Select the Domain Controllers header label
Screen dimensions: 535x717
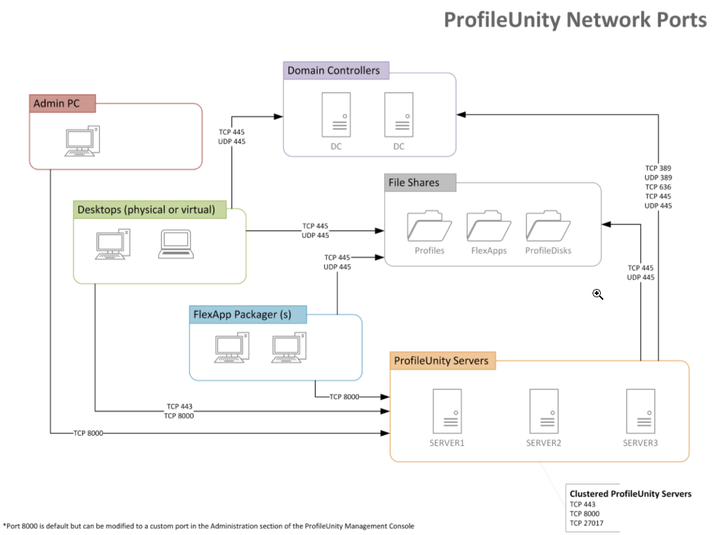334,70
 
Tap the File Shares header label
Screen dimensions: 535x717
414,182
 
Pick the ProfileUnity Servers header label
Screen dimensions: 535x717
442,361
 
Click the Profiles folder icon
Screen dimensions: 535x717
429,226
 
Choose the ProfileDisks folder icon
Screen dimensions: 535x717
548,226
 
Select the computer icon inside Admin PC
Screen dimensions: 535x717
83,141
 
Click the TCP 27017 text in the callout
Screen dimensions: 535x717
586,524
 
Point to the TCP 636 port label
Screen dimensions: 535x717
659,187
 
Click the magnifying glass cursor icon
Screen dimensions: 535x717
597,294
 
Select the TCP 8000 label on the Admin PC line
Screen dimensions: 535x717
88,433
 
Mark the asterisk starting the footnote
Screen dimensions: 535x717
4,525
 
